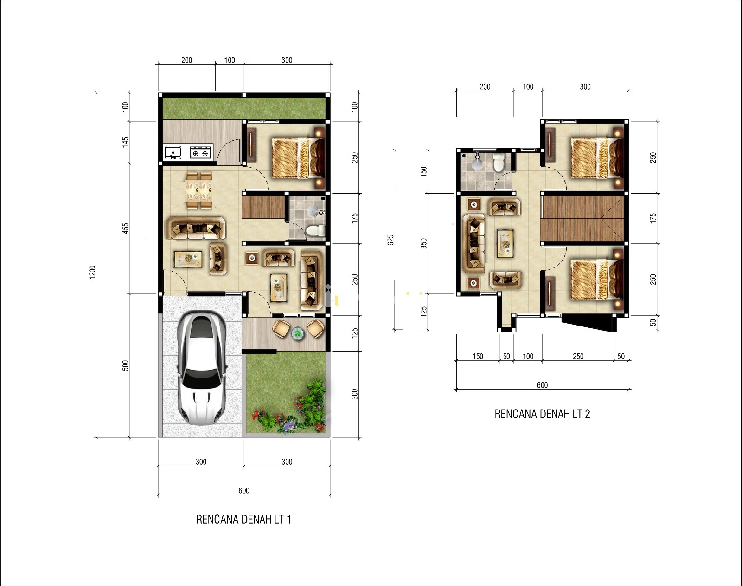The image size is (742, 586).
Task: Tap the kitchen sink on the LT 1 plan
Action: point(173,152)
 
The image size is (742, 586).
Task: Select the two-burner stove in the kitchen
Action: point(200,152)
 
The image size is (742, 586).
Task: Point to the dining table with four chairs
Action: point(198,190)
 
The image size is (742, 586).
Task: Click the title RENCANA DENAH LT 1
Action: point(243,519)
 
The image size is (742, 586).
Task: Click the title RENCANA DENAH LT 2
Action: point(543,414)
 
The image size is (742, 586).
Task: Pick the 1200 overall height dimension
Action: point(92,272)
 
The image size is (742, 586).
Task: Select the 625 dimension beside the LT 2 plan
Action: point(390,240)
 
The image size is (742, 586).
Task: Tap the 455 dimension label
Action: point(126,228)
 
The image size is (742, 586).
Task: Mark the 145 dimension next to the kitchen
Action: point(126,142)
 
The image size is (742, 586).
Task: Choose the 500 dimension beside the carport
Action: point(126,365)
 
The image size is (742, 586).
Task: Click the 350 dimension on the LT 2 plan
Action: point(424,243)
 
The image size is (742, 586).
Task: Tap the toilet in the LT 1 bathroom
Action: point(315,230)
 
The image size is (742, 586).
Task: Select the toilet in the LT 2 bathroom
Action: point(499,163)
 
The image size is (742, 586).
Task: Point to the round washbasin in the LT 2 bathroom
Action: point(477,163)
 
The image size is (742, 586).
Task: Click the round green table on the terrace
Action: point(298,333)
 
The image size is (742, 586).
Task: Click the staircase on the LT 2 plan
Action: point(583,218)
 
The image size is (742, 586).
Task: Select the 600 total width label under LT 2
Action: point(543,385)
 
